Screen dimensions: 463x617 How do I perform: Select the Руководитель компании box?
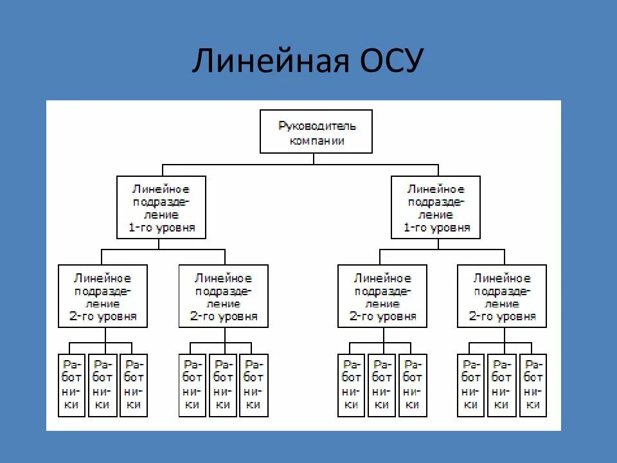[316, 131]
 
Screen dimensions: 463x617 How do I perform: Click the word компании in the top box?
[316, 141]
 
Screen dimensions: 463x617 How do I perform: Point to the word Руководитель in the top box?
[316, 126]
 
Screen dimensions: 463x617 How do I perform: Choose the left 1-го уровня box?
[161, 207]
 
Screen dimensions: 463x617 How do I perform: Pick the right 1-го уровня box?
[436, 207]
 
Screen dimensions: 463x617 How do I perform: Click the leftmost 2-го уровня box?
[103, 296]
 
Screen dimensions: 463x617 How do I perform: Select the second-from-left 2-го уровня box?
[224, 296]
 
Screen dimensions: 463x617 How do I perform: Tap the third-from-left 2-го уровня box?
[383, 296]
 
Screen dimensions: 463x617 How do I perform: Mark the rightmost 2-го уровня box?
[502, 296]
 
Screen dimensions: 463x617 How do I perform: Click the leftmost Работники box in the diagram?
[71, 385]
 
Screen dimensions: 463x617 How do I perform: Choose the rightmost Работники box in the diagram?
[533, 385]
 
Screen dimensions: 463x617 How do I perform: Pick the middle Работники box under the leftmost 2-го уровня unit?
[102, 385]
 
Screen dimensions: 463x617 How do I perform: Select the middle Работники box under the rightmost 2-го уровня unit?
[502, 385]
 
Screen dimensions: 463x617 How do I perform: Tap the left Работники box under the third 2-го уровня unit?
[352, 385]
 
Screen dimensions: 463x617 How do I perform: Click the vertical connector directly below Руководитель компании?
[314, 159]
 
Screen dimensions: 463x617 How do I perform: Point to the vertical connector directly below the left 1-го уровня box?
[161, 244]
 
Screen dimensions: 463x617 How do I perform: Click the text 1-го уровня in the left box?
[161, 228]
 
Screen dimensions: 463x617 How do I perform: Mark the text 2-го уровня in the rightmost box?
[502, 317]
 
